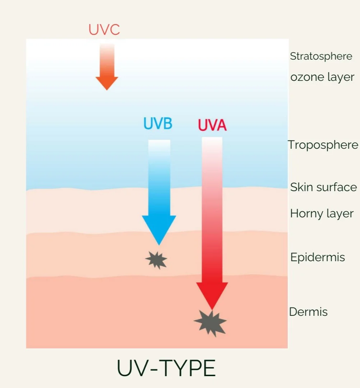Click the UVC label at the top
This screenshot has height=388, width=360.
[104, 30]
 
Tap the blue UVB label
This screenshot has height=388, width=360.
[158, 123]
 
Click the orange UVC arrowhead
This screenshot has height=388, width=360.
[107, 83]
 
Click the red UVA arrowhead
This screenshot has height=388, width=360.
[212, 294]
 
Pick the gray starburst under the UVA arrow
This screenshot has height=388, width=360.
[211, 323]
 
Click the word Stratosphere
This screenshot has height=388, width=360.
[321, 56]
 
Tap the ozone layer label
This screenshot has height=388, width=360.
[322, 77]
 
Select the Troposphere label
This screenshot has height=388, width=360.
[323, 145]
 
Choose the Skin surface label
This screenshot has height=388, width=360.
[323, 187]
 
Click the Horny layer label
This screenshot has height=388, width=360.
[322, 213]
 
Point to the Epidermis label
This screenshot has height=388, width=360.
[318, 257]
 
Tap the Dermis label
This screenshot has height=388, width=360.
[308, 311]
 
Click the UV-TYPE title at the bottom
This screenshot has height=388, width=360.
[166, 368]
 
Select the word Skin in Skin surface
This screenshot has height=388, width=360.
[301, 187]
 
